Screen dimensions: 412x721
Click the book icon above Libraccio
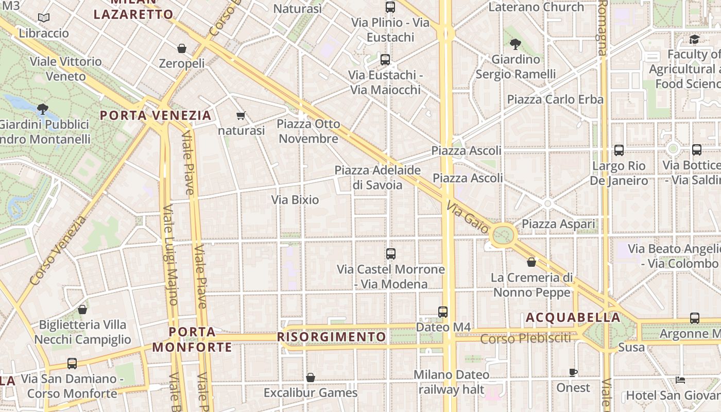[44, 18]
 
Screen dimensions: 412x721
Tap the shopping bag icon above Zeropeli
[181, 48]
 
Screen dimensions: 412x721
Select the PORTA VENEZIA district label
[156, 115]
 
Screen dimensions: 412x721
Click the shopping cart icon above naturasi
[241, 115]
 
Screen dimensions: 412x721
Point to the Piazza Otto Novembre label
[308, 131]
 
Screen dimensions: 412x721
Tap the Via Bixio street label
[295, 200]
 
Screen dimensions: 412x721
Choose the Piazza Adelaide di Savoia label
[377, 177]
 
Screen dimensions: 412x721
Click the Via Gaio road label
[467, 217]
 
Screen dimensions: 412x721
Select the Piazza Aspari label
[558, 224]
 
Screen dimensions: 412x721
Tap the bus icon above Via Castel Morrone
[391, 253]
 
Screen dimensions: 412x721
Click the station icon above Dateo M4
[443, 312]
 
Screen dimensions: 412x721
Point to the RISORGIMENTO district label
[332, 337]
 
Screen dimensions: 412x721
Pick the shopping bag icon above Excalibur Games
[310, 377]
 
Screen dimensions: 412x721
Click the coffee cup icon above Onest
[573, 372]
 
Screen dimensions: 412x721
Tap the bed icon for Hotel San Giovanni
[680, 380]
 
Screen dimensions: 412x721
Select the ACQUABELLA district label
[573, 317]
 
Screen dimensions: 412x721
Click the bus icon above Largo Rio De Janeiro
[619, 150]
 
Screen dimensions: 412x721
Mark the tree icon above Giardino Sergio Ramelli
[515, 44]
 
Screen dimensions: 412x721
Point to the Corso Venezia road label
[58, 251]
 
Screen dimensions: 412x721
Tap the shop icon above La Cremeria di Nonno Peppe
[531, 262]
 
